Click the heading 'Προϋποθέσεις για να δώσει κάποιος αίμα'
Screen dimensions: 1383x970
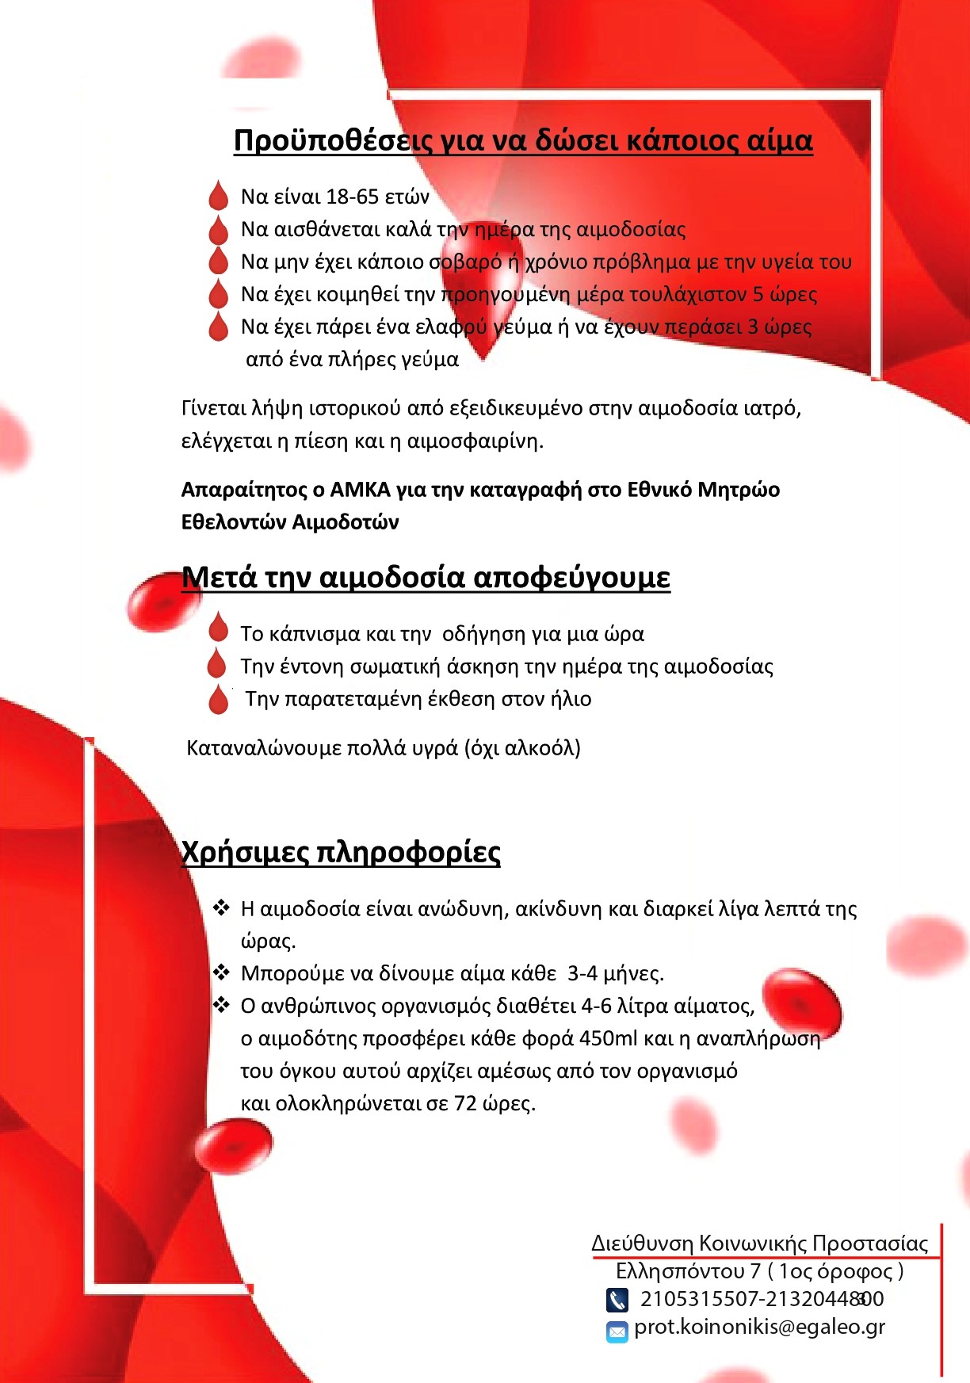(x=523, y=140)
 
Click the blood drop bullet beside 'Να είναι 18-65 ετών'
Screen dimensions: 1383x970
(x=218, y=196)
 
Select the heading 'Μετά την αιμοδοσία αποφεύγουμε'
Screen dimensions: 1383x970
(x=426, y=577)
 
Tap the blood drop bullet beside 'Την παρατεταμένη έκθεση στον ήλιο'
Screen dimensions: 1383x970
(x=218, y=699)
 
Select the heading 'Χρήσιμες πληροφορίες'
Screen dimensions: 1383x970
(x=341, y=852)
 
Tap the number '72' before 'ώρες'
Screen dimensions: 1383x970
(x=465, y=1103)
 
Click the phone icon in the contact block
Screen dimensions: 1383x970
(x=617, y=1300)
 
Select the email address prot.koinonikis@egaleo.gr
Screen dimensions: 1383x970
(x=759, y=1328)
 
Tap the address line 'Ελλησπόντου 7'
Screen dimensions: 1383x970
(x=687, y=1271)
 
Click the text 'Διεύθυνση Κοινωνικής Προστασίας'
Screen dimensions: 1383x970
(x=759, y=1243)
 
